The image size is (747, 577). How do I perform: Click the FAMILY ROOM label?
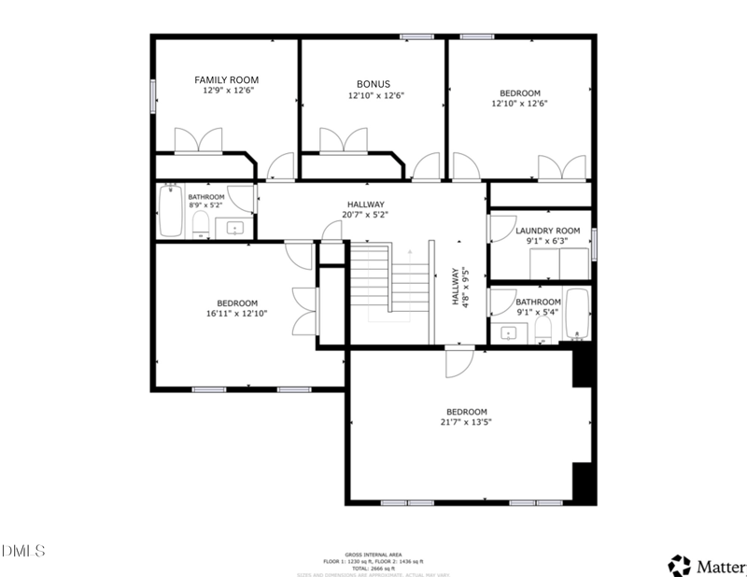click(226, 80)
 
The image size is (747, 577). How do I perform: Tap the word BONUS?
click(373, 84)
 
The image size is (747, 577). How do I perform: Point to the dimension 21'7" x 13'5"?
click(466, 422)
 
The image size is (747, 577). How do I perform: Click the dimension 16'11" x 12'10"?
click(237, 314)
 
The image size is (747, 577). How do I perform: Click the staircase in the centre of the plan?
click(388, 280)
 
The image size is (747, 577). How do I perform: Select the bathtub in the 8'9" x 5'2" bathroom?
click(171, 212)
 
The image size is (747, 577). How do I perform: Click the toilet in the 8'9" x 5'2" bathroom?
click(200, 224)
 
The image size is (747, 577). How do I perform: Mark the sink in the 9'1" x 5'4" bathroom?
click(510, 332)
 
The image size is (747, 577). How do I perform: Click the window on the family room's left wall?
click(153, 95)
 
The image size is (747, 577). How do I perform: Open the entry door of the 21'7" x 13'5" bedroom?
click(459, 361)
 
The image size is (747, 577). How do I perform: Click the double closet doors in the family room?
click(198, 141)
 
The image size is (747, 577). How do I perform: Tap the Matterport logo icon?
click(679, 564)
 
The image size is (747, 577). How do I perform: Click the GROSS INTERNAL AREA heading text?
click(373, 554)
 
